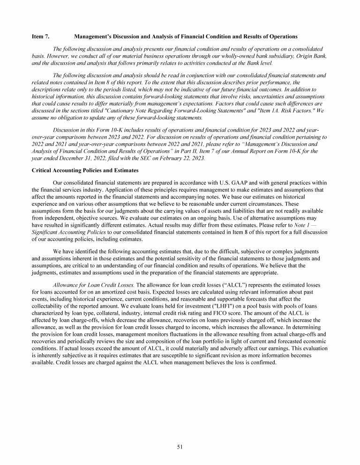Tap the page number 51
pyautogui.click(x=180, y=447)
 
